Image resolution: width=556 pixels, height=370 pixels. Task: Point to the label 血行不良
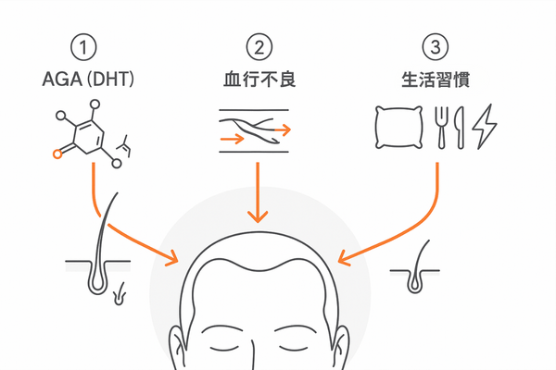259,80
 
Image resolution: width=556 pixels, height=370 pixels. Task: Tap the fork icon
442,128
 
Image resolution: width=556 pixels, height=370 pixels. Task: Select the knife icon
459,128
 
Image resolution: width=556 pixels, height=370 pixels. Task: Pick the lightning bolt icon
484,129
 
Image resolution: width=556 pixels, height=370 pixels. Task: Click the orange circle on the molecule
57,154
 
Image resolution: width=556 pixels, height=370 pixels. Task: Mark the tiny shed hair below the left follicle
118,298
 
